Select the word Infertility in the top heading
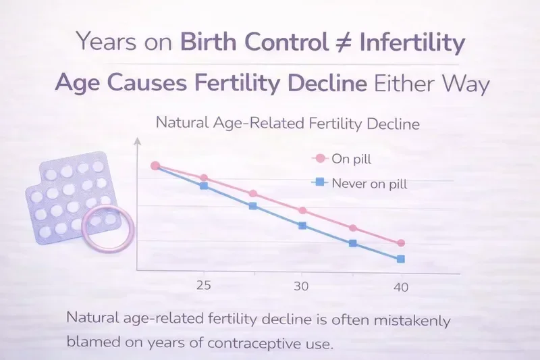pyautogui.click(x=413, y=43)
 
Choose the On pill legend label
pyautogui.click(x=352, y=159)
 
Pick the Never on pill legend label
pyautogui.click(x=369, y=182)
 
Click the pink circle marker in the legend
pyautogui.click(x=320, y=159)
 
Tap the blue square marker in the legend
pyautogui.click(x=320, y=182)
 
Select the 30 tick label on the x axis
pyautogui.click(x=301, y=286)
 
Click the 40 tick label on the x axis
pyautogui.click(x=400, y=287)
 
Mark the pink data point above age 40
pyautogui.click(x=401, y=243)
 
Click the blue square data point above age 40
pyautogui.click(x=401, y=259)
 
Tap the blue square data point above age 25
pyautogui.click(x=204, y=185)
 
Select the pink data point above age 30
pyautogui.click(x=302, y=211)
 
